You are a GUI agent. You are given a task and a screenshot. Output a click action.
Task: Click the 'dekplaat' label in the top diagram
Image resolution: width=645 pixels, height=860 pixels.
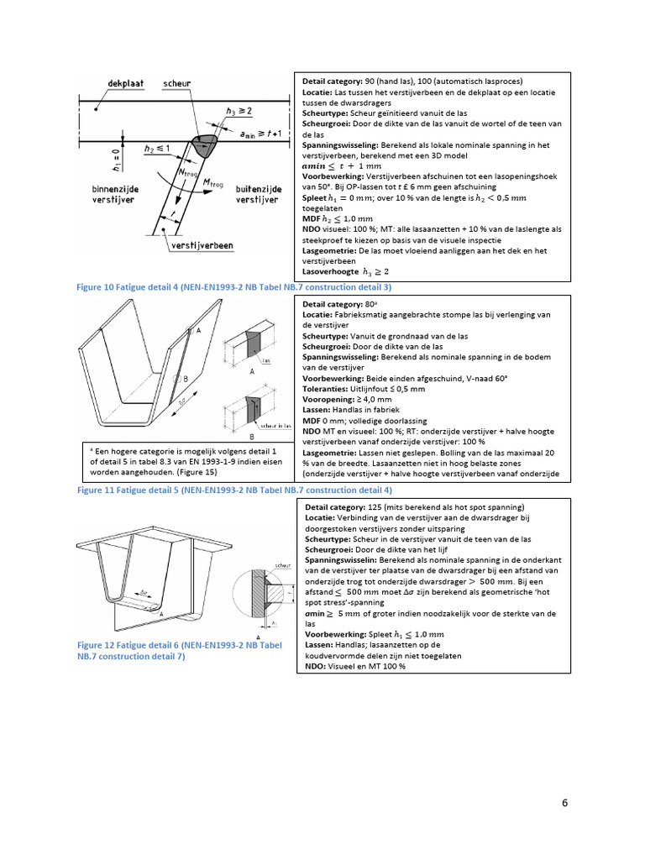coord(126,85)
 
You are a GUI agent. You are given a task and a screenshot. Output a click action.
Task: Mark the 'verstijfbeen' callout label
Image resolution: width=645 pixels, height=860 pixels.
coord(202,246)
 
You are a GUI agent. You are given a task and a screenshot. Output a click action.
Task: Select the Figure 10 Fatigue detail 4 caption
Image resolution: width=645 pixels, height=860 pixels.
coord(234,287)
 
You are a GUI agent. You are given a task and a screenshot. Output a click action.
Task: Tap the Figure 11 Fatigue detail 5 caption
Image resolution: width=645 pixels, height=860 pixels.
coord(234,489)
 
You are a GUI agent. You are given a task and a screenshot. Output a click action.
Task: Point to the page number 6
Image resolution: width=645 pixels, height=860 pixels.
coord(565,803)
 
